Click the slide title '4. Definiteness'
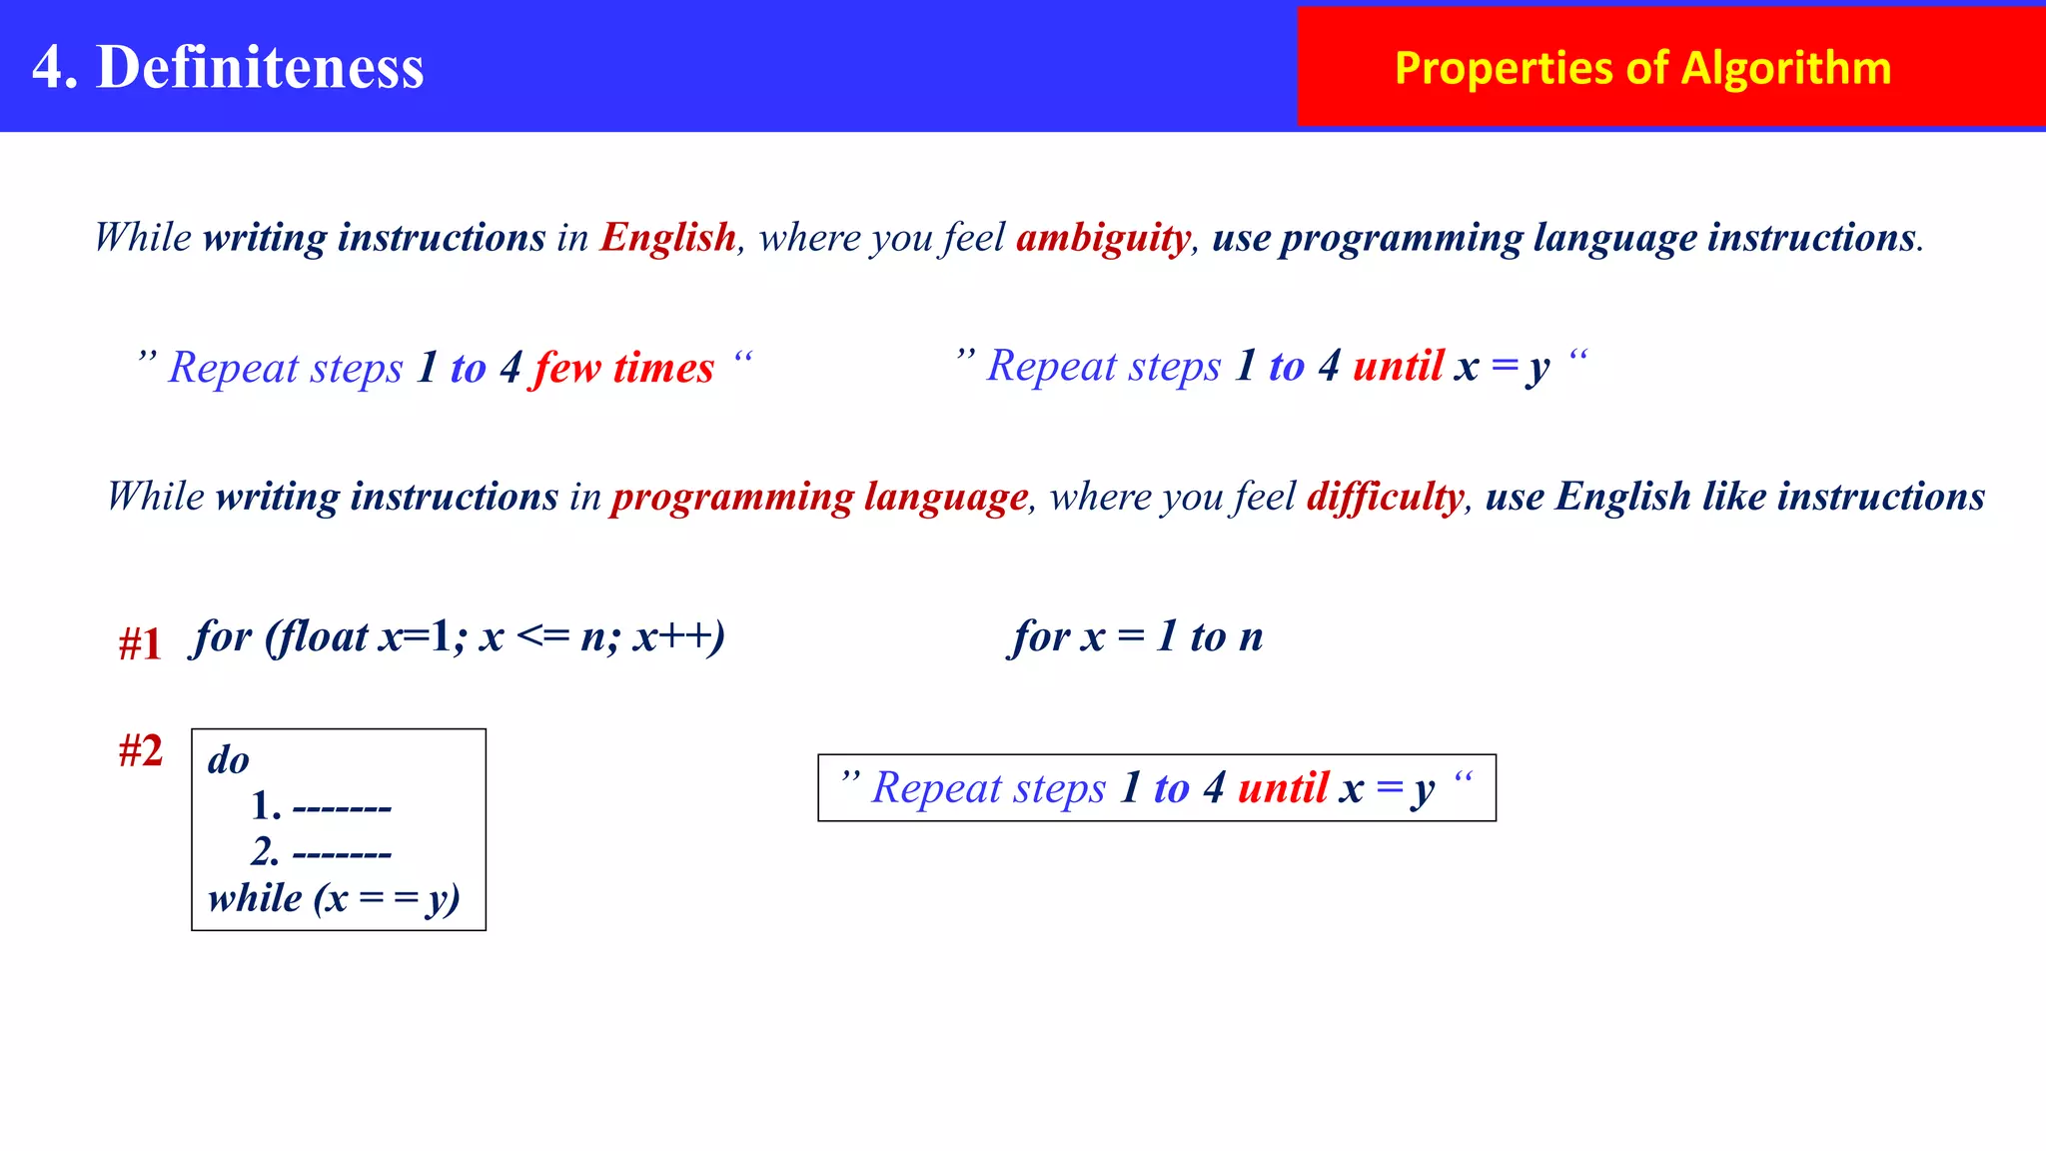tap(228, 67)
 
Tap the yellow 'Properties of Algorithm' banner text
tap(1642, 68)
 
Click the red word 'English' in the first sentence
tap(667, 238)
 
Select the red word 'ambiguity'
tap(1103, 238)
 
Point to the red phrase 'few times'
tap(624, 368)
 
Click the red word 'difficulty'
tap(1385, 497)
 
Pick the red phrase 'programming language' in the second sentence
tap(819, 497)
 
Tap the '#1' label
tap(140, 644)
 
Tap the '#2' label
tap(140, 750)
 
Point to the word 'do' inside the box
tap(229, 760)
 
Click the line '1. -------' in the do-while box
tap(321, 805)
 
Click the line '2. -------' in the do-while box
tap(321, 852)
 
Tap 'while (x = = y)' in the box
tap(334, 898)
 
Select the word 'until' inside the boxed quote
tap(1284, 788)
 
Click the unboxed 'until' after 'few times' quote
tap(1398, 366)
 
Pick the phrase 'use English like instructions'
tap(1734, 497)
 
